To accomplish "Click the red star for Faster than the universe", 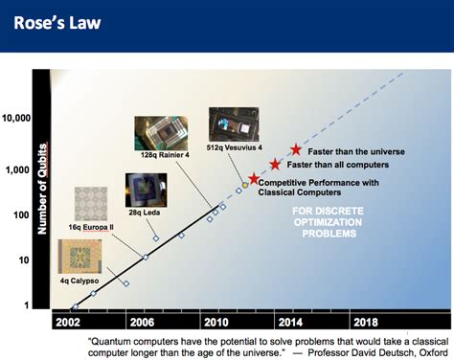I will [296, 150].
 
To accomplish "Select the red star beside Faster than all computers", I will [276, 165].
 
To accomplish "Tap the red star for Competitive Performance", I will [254, 178].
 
